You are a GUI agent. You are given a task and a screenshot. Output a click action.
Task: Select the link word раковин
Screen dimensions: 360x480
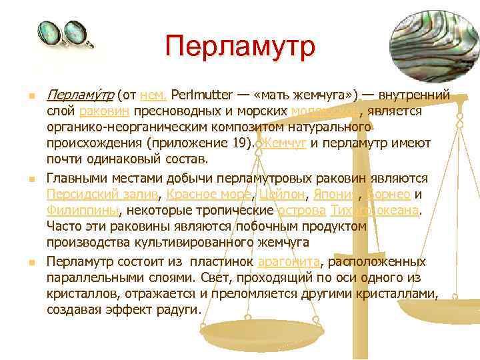tap(101, 111)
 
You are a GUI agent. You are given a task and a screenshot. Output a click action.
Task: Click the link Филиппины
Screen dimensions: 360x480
tap(82, 211)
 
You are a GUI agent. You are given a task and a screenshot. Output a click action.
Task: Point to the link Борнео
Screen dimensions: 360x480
tap(389, 195)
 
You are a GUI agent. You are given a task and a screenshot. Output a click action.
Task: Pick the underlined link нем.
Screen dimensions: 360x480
tap(153, 95)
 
